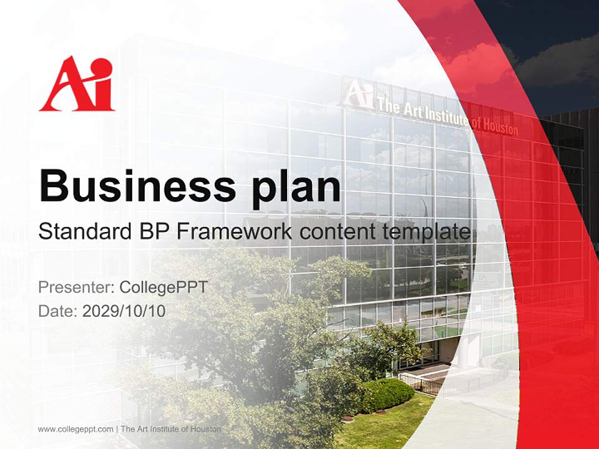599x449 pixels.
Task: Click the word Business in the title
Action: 137,186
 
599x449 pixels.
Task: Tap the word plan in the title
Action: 296,190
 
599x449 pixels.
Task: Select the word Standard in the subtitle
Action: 85,231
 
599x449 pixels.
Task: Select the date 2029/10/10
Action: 124,311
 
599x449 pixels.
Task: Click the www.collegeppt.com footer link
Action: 75,429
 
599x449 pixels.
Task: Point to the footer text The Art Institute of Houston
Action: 171,429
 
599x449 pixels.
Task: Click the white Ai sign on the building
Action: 358,94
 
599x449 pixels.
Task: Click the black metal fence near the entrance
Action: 420,384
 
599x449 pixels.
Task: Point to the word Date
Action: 58,311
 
